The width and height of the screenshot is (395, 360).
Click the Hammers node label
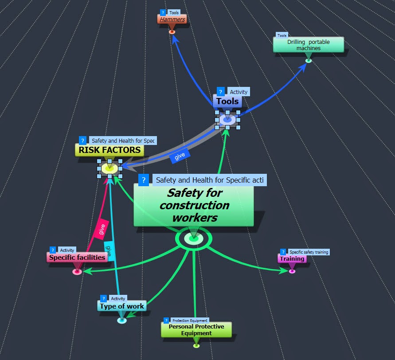pos(172,20)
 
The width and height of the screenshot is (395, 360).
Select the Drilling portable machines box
pos(308,45)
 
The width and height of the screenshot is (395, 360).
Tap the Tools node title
pos(227,102)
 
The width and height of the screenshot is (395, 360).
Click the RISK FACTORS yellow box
pos(110,150)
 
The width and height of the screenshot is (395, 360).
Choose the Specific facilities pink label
pos(77,257)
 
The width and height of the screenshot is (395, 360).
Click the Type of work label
pos(122,306)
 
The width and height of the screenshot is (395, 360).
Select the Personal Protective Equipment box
pos(196,329)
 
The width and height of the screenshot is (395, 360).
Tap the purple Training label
pos(292,258)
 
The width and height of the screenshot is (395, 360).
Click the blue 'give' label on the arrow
pos(180,156)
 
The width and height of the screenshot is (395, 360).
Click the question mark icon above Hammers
pos(163,13)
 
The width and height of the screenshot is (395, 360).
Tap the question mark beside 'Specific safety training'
pos(283,252)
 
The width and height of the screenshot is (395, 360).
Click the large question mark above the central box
pos(143,180)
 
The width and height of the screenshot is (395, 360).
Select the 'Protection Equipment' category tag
pos(190,320)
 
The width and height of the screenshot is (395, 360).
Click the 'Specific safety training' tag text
pos(309,252)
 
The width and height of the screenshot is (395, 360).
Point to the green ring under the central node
pos(194,239)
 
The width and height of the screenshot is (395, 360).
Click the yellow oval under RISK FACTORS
pos(110,168)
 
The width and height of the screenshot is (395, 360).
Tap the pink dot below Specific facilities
pos(77,271)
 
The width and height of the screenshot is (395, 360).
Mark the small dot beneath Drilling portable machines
pos(309,60)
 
